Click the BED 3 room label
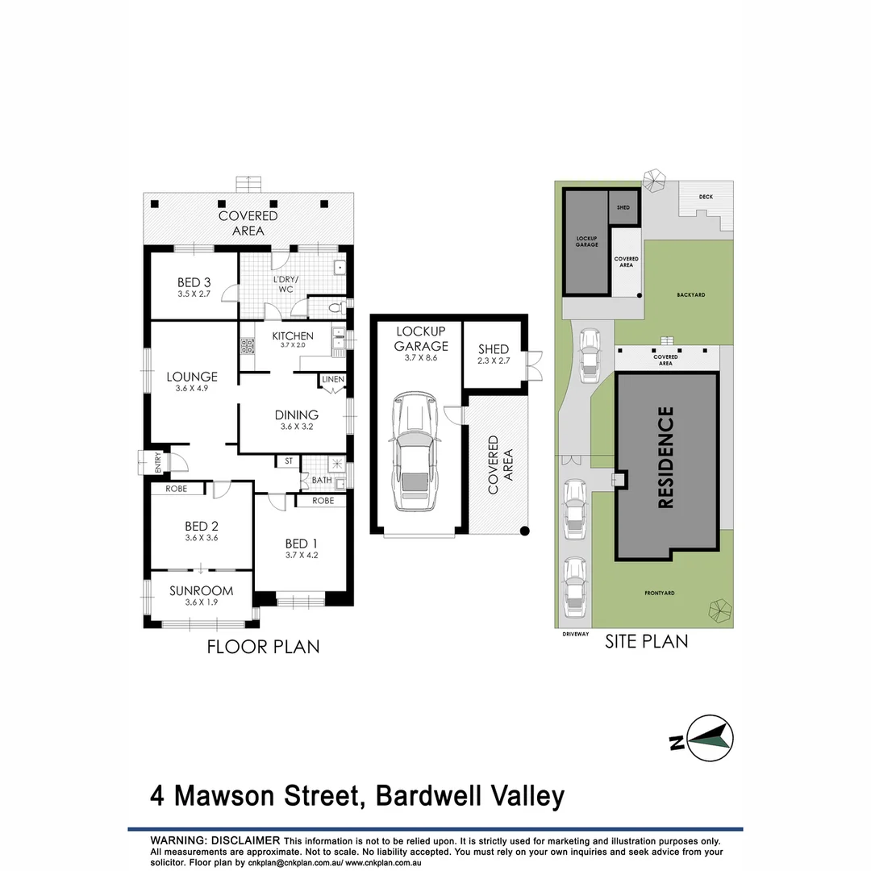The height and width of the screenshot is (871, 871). pyautogui.click(x=194, y=282)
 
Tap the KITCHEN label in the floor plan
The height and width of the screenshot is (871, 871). pyautogui.click(x=292, y=335)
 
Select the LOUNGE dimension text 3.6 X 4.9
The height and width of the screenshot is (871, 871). pyautogui.click(x=192, y=389)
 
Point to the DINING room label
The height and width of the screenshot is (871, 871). pyautogui.click(x=296, y=415)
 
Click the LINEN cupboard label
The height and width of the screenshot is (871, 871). pyautogui.click(x=332, y=380)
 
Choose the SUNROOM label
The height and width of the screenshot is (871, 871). pyautogui.click(x=201, y=590)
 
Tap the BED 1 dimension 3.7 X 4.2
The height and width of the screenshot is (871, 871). pyautogui.click(x=302, y=555)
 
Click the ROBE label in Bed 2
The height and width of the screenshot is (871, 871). pyautogui.click(x=177, y=489)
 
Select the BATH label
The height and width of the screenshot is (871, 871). pyautogui.click(x=321, y=481)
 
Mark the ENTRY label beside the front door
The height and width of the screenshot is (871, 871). pyautogui.click(x=158, y=463)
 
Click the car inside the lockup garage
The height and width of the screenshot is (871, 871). pyautogui.click(x=415, y=453)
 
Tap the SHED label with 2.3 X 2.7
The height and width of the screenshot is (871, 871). pyautogui.click(x=493, y=349)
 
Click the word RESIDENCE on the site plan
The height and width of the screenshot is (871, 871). pyautogui.click(x=666, y=457)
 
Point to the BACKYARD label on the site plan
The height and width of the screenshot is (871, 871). pyautogui.click(x=691, y=295)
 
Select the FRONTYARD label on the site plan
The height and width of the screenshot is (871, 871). pyautogui.click(x=659, y=593)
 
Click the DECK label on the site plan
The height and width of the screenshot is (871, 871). pyautogui.click(x=706, y=196)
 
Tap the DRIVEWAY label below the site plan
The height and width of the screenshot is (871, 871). pyautogui.click(x=576, y=635)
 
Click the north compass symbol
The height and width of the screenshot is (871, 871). pyautogui.click(x=710, y=737)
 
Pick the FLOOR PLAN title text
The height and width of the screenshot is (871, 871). pyautogui.click(x=263, y=646)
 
